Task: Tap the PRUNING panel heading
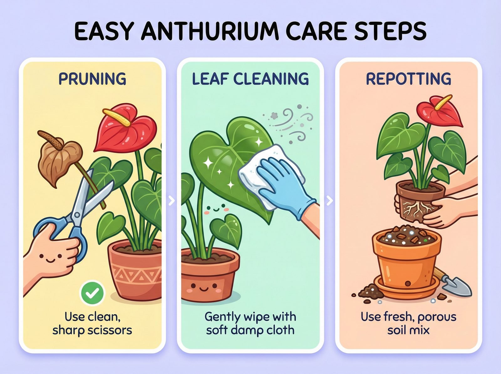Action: pyautogui.click(x=92, y=79)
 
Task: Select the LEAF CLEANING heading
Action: pyautogui.click(x=250, y=79)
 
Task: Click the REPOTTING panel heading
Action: pyautogui.click(x=409, y=79)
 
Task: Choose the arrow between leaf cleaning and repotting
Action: pyautogui.click(x=329, y=200)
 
